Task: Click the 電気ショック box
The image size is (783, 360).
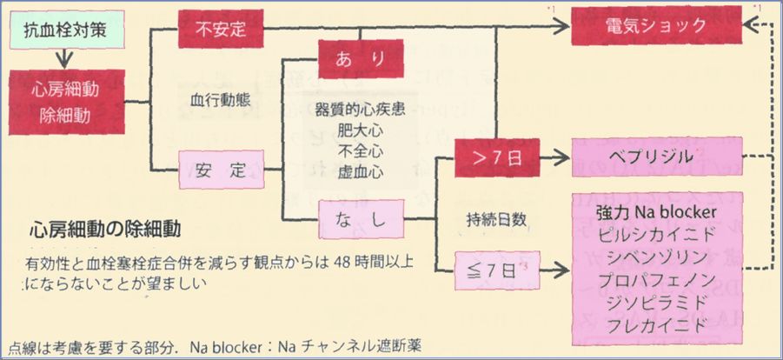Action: [657, 26]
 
